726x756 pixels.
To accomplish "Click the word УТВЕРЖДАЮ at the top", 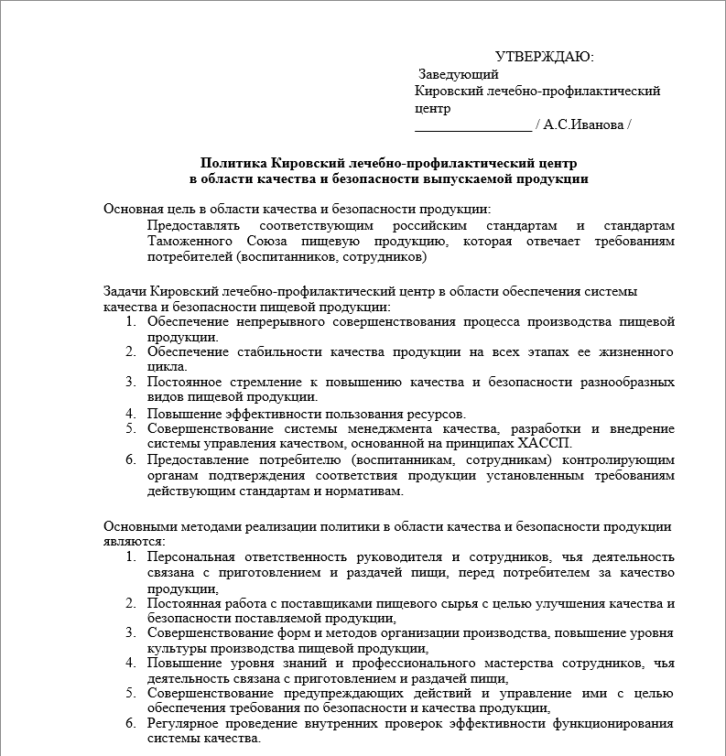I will tap(544, 57).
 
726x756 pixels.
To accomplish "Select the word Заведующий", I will tap(458, 74).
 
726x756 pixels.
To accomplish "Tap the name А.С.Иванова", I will tap(582, 124).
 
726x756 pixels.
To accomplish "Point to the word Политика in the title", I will tap(230, 162).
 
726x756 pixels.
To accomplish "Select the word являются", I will tap(133, 541).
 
